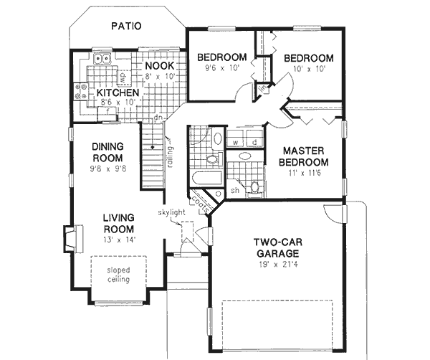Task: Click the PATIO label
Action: [x=126, y=27]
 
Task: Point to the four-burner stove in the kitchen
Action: [x=79, y=91]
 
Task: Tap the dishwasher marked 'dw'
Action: [x=123, y=74]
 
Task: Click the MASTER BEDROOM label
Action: [x=304, y=156]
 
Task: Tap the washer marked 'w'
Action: [x=236, y=142]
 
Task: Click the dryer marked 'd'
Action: [x=254, y=142]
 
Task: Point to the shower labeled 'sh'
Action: [x=234, y=191]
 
